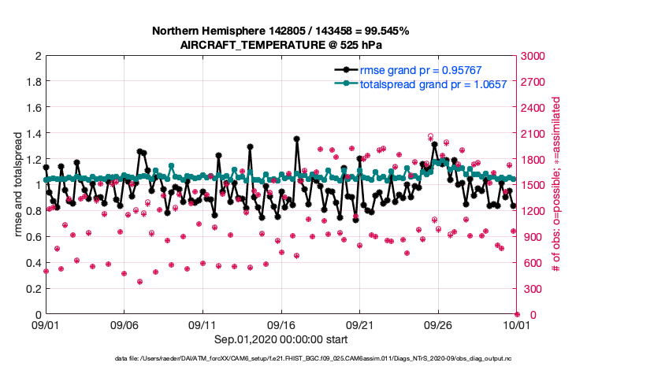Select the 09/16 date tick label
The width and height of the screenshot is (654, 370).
[281, 324]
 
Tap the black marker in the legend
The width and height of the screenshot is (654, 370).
[344, 70]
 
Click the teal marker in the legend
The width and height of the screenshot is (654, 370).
[344, 83]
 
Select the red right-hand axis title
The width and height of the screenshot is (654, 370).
[556, 185]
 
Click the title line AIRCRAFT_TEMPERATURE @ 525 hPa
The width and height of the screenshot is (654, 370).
[281, 44]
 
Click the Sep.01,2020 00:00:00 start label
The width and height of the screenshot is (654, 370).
[281, 339]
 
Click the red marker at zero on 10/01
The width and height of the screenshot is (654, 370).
[516, 314]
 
